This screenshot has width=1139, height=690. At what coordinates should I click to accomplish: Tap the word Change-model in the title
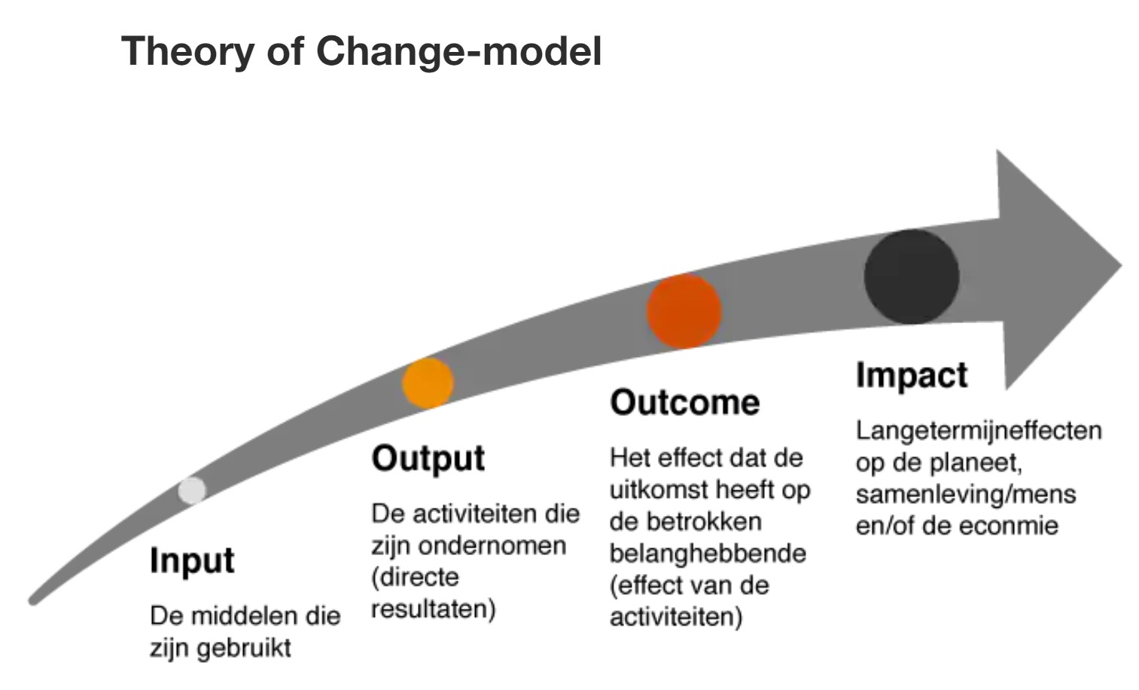click(459, 52)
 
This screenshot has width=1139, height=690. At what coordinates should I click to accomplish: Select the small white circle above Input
click(192, 490)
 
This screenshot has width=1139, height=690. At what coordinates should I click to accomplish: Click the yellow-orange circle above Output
click(428, 383)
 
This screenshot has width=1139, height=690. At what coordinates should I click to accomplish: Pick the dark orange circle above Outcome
click(684, 311)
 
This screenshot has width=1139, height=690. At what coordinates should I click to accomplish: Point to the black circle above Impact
click(912, 276)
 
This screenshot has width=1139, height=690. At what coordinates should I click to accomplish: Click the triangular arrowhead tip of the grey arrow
click(1122, 265)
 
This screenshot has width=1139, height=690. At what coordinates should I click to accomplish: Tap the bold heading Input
click(192, 560)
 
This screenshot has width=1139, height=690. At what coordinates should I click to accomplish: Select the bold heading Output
click(428, 459)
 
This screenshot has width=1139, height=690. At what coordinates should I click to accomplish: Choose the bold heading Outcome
click(685, 402)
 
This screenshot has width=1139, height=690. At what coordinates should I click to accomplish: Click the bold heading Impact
click(912, 376)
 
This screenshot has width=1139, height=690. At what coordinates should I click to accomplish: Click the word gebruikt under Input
click(244, 649)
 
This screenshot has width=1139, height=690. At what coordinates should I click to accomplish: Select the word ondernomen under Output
click(492, 546)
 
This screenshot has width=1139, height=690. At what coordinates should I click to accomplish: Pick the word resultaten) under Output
click(433, 609)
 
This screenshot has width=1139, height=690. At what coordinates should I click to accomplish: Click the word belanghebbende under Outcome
click(708, 554)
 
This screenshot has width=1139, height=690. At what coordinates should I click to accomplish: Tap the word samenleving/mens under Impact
click(966, 495)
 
